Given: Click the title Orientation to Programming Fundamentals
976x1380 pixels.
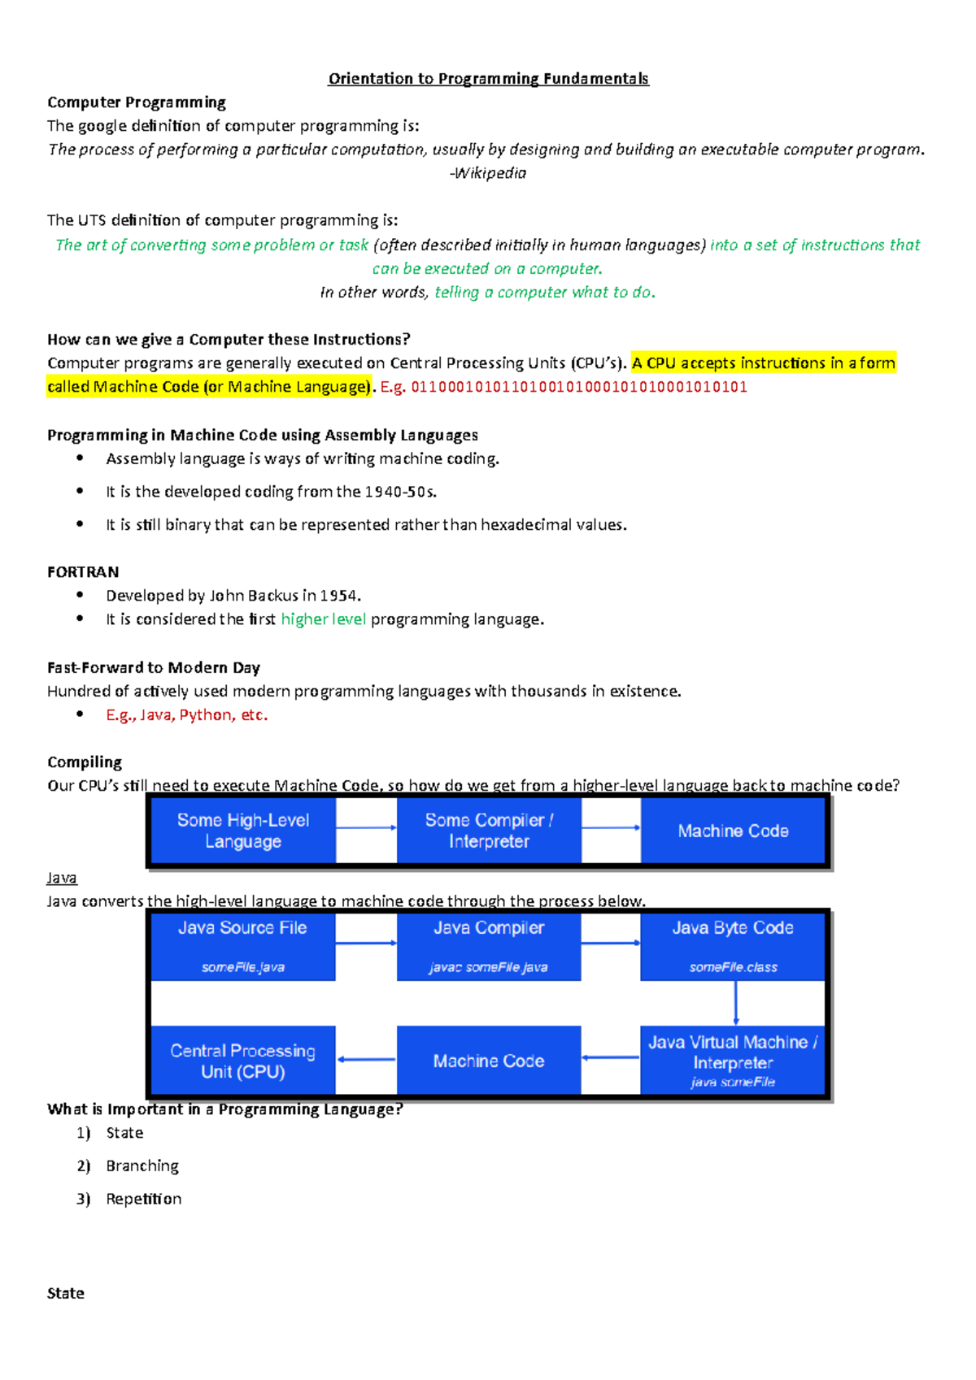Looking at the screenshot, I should [x=488, y=79].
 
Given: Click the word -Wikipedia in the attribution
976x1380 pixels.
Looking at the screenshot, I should [x=488, y=173].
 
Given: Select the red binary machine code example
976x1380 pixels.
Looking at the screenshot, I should [x=579, y=387].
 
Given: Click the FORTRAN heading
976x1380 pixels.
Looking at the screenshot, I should [x=83, y=572].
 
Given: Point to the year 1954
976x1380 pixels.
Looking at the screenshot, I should [x=338, y=596].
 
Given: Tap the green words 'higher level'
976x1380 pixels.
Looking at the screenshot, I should [x=324, y=619].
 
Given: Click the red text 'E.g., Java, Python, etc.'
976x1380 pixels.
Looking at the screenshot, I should [x=187, y=715].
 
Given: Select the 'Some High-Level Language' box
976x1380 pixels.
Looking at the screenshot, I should [x=243, y=831].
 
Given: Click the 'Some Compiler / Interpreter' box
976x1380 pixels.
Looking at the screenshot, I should [x=489, y=831].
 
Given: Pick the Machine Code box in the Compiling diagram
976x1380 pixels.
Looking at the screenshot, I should [x=733, y=831].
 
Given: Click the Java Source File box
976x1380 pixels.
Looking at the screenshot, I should [x=243, y=946].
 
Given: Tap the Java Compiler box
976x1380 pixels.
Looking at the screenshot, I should [x=489, y=946].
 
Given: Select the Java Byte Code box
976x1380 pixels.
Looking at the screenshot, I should [x=733, y=946].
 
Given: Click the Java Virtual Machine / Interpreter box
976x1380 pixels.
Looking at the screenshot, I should [x=733, y=1061].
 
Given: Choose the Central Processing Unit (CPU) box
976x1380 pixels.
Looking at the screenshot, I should [x=243, y=1061].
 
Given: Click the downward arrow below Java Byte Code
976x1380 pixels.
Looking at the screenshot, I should [x=735, y=1003].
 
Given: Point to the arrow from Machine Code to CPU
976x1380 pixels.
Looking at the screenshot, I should [x=366, y=1059].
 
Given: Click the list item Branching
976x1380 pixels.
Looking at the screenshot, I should [x=142, y=1166].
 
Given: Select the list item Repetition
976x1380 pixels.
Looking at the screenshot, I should [x=144, y=1200].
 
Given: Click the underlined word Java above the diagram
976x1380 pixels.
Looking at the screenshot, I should [x=62, y=879].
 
